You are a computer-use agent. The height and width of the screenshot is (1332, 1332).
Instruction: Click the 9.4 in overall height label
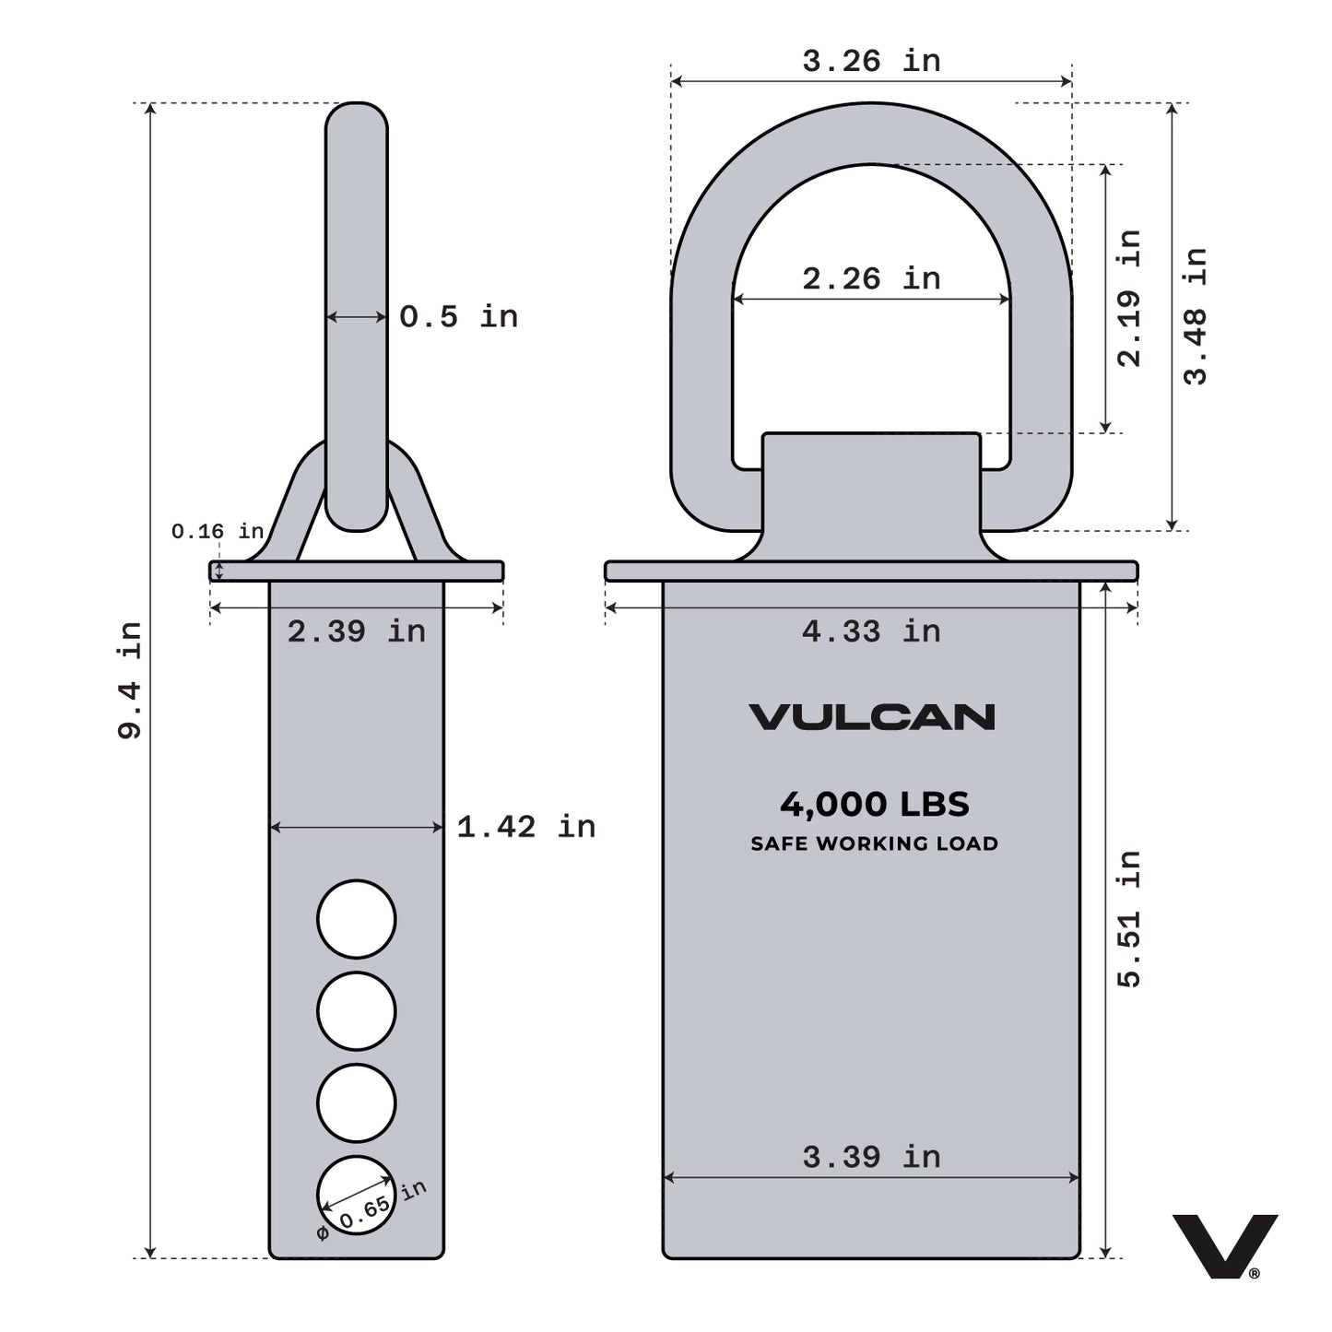coord(130,680)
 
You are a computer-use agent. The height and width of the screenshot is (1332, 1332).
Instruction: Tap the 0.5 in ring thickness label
coord(458,317)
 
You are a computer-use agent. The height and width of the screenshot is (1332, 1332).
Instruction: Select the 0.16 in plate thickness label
coord(217,532)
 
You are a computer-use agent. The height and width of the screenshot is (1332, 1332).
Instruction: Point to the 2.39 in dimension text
coord(356,632)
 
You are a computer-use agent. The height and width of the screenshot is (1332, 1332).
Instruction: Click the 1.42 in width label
coord(525,827)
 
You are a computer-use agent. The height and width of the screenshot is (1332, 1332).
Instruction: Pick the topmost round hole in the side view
coord(357,919)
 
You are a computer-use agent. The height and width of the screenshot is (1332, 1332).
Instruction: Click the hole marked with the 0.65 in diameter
coord(356,1196)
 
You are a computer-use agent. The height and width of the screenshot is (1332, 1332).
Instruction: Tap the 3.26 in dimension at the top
coord(871,62)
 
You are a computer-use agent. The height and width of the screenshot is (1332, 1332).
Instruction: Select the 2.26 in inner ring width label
coord(871,278)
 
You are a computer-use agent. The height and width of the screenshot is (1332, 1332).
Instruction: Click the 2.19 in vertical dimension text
coord(1129,298)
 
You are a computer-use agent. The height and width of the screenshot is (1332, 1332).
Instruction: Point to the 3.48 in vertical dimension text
coord(1196,316)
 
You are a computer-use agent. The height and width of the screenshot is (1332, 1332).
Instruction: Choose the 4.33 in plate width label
coord(871,632)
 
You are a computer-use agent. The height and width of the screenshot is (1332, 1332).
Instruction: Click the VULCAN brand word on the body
coord(871,717)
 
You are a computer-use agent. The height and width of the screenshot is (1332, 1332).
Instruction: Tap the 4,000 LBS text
coord(874,805)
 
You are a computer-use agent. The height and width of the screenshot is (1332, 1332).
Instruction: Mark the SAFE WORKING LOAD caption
coord(874,843)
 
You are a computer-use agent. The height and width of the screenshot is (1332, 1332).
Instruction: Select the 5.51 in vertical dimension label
coord(1129,919)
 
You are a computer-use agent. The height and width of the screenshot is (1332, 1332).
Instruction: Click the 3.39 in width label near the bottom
coord(871,1157)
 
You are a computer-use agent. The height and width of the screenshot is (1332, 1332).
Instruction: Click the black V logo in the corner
coord(1224,1245)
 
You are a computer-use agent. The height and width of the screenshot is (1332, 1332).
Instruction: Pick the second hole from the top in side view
coord(357,1011)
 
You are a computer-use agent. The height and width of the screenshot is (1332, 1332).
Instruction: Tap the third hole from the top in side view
coord(357,1103)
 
